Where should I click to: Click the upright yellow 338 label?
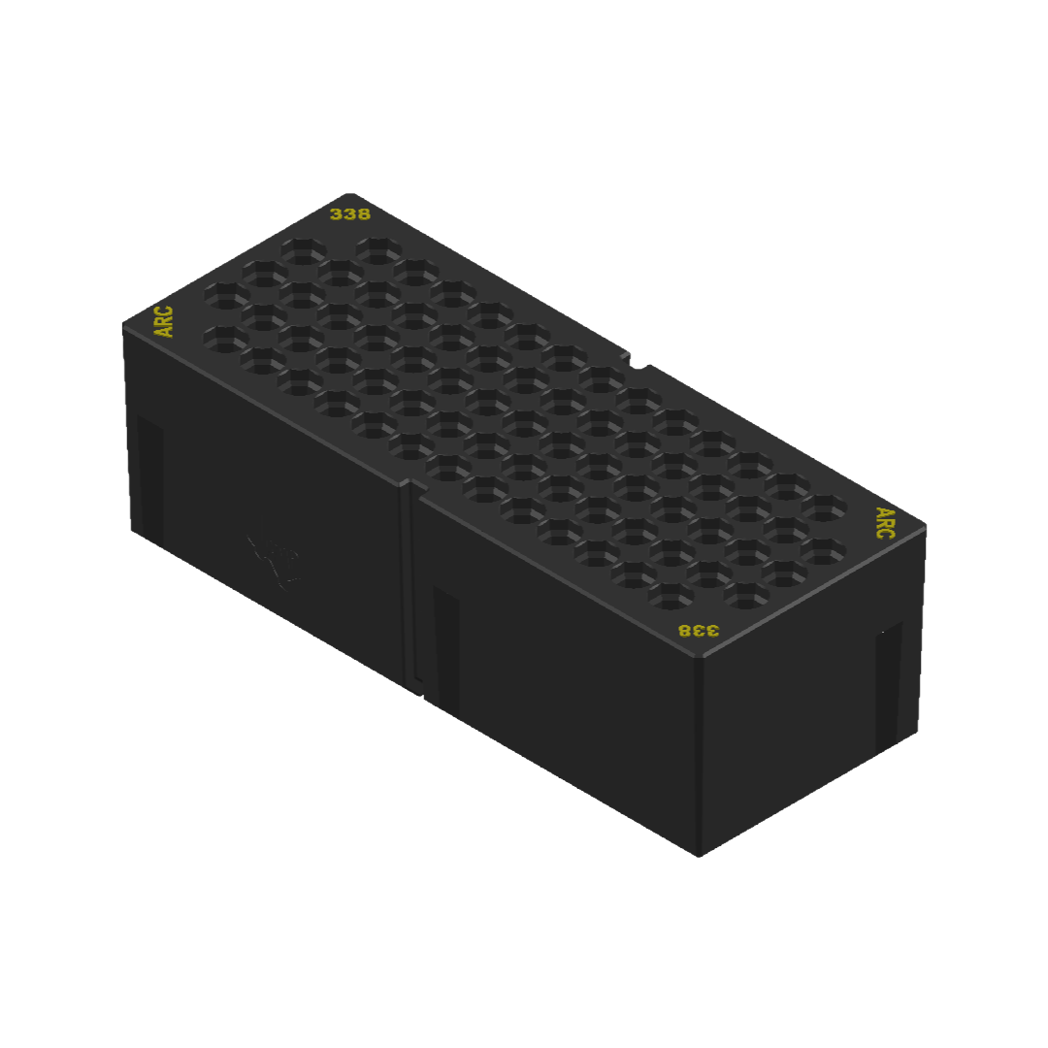click(x=350, y=214)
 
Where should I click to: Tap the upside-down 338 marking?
click(x=699, y=631)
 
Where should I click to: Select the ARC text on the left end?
click(x=164, y=321)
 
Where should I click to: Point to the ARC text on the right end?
click(x=885, y=522)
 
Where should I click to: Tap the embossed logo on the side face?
click(x=276, y=562)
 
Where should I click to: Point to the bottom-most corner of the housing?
click(x=700, y=855)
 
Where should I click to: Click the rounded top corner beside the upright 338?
click(x=350, y=195)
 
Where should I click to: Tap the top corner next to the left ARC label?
click(x=124, y=325)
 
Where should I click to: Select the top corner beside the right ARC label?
click(x=925, y=526)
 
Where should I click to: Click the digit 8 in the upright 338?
click(x=363, y=214)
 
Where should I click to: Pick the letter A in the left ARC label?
click(x=164, y=331)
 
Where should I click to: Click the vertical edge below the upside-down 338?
click(x=699, y=757)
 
